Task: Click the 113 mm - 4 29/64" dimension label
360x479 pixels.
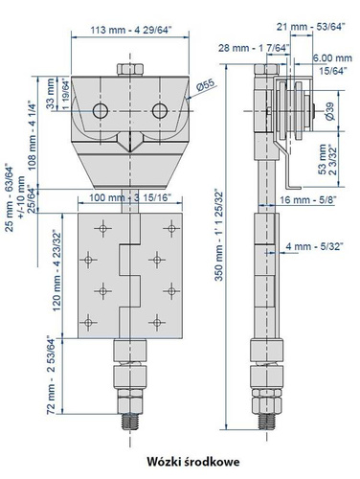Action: [x=131, y=30]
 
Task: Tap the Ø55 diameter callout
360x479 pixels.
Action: [x=206, y=85]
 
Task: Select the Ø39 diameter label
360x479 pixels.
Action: [x=330, y=111]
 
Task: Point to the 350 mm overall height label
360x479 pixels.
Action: [x=218, y=236]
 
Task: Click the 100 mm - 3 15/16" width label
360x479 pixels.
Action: [x=130, y=197]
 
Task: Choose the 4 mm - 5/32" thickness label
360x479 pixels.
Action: [x=314, y=246]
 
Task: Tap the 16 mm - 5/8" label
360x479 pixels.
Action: [x=307, y=200]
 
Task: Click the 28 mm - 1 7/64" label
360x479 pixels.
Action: [x=254, y=48]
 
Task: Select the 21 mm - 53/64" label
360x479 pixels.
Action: [x=311, y=27]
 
